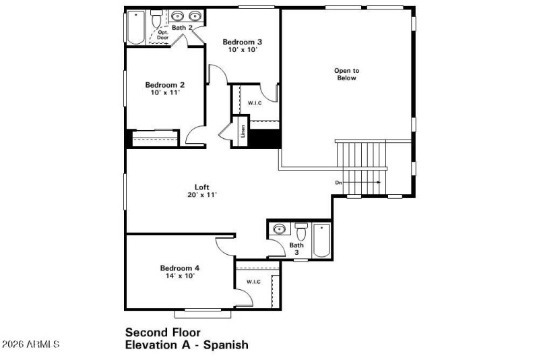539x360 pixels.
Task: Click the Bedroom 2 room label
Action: tap(164, 85)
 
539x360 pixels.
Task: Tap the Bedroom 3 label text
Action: tap(243, 42)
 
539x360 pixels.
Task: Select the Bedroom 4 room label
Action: tap(179, 268)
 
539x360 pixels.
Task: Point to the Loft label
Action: tap(202, 187)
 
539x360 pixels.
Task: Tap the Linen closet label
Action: tap(243, 133)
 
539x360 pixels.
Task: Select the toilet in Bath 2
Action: tap(157, 20)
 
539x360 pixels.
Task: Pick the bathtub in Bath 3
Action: tap(322, 241)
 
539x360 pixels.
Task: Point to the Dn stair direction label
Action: tap(339, 183)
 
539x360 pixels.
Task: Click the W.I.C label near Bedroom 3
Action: tap(255, 103)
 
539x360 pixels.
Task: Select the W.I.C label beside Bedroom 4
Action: tap(253, 282)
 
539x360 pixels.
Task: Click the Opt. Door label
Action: tap(162, 34)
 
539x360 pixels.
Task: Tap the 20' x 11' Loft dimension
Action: tap(202, 196)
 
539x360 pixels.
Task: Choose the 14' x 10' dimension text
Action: tap(179, 276)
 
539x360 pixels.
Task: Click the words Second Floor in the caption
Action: tap(162, 332)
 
